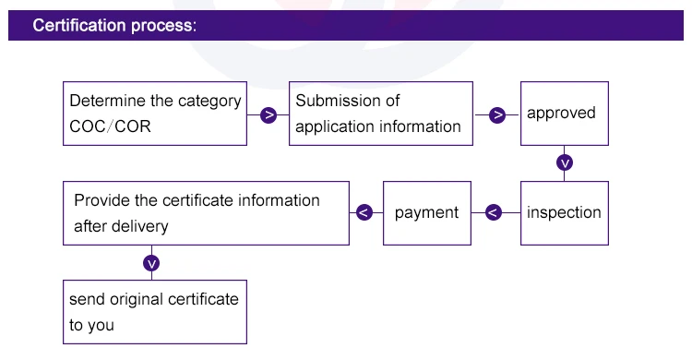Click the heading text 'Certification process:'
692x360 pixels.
pyautogui.click(x=114, y=25)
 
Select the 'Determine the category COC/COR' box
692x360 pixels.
pyautogui.click(x=155, y=114)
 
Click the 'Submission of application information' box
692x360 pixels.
pyautogui.click(x=381, y=114)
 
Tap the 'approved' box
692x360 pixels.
pyautogui.click(x=564, y=114)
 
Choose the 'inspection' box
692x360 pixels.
pyautogui.click(x=564, y=212)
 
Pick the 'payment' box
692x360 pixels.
pyautogui.click(x=426, y=212)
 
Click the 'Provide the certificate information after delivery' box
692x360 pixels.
pyautogui.click(x=206, y=212)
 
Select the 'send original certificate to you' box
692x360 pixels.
pyautogui.click(x=155, y=312)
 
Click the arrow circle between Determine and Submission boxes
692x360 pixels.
pyautogui.click(x=268, y=115)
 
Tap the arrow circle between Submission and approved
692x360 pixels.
pyautogui.click(x=497, y=115)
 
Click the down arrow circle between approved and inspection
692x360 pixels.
pyautogui.click(x=565, y=163)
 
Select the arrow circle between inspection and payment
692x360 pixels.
pyautogui.click(x=493, y=212)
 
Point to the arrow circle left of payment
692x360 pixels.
pyautogui.click(x=364, y=212)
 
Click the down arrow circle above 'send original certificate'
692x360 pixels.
pyautogui.click(x=152, y=263)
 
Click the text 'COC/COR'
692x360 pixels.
pyautogui.click(x=110, y=127)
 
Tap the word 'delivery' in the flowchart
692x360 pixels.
pyautogui.click(x=139, y=225)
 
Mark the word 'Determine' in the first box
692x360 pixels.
pyautogui.click(x=104, y=101)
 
